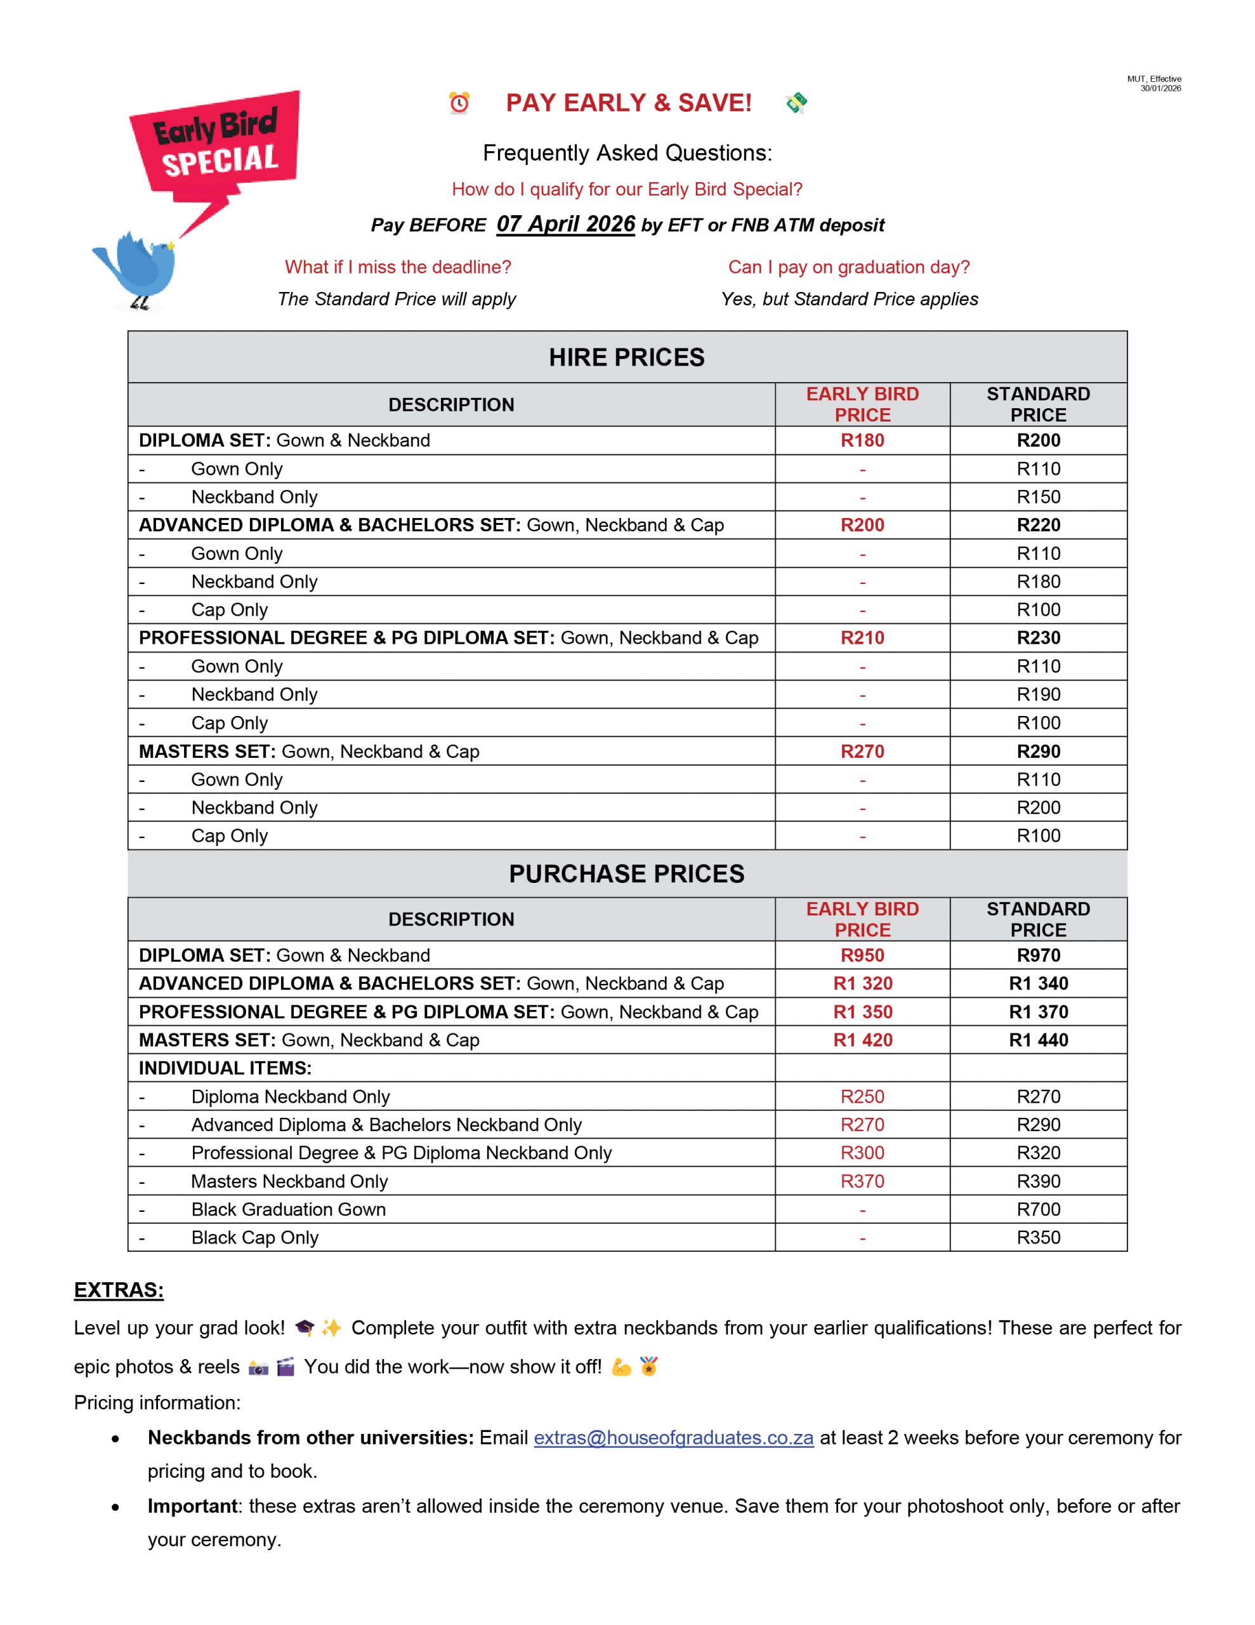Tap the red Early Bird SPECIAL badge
point(216,142)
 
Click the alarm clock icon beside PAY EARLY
point(459,103)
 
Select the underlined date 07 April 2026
point(565,224)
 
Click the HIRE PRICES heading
point(626,357)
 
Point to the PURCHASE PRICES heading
point(626,873)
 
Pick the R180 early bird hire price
point(862,441)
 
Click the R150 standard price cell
point(1039,497)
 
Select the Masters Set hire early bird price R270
point(862,752)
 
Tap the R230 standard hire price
point(1039,638)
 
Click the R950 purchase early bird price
point(862,955)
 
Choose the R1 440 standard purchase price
point(1039,1040)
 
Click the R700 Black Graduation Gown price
point(1039,1209)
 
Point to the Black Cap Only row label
point(254,1237)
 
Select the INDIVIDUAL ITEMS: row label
point(225,1068)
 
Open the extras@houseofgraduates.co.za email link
point(673,1438)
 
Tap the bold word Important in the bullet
point(193,1506)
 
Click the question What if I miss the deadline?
point(397,267)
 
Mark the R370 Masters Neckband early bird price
point(862,1181)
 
